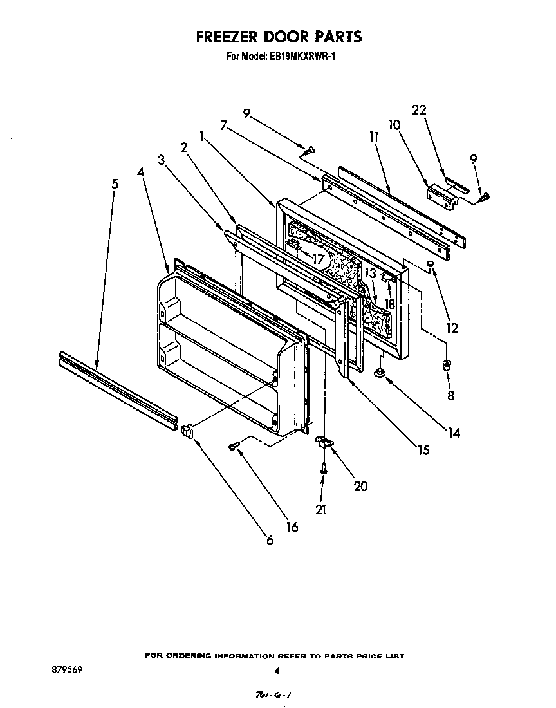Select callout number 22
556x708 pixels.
click(x=419, y=110)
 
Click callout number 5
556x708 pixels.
click(x=115, y=184)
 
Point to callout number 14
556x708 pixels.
click(x=454, y=433)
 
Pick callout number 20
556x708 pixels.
click(x=360, y=486)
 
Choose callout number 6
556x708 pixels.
click(x=270, y=540)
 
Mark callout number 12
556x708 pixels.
click(x=452, y=328)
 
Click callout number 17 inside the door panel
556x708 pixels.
click(x=319, y=259)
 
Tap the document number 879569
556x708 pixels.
click(x=66, y=669)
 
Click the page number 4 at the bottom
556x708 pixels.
click(x=277, y=671)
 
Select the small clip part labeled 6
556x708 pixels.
click(x=187, y=431)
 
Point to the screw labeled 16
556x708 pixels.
click(x=235, y=446)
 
